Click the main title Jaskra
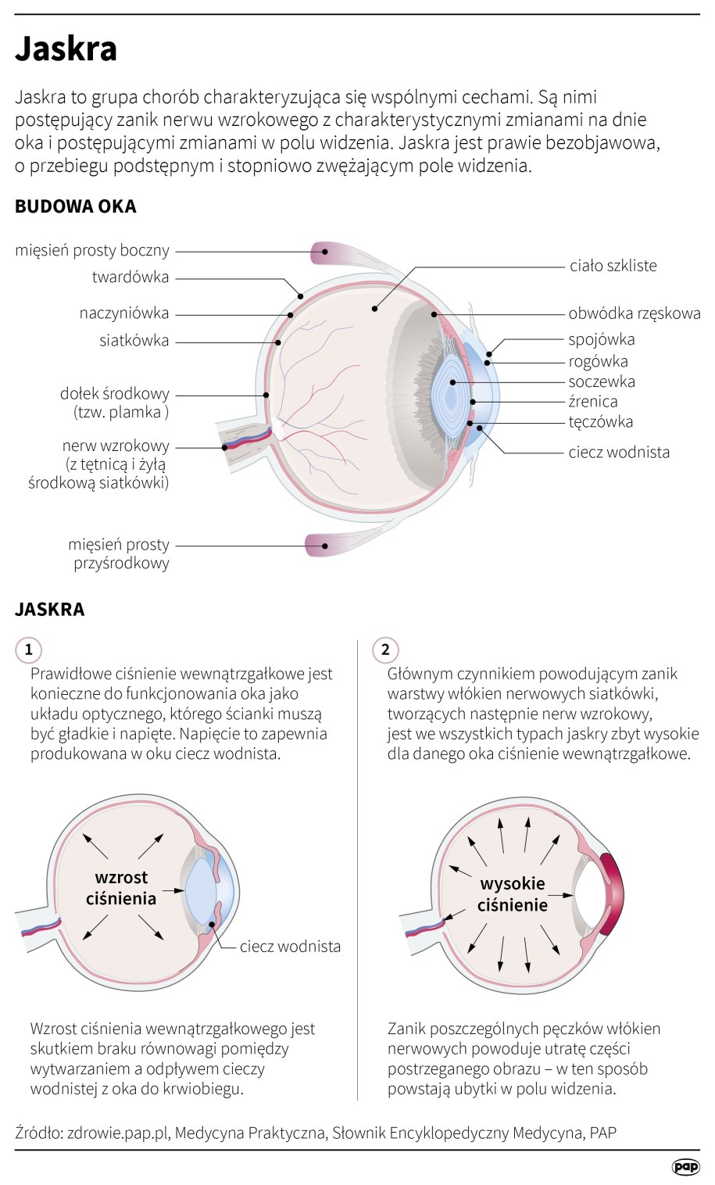tap(66, 48)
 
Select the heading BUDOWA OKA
tap(76, 206)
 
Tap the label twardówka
tap(130, 277)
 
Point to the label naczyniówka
tap(123, 313)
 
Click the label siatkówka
tap(134, 341)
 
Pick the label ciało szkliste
tap(613, 266)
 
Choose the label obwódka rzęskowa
tap(634, 314)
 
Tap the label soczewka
tap(602, 381)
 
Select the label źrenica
tap(593, 402)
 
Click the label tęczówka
tap(600, 422)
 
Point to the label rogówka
tap(598, 361)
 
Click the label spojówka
tap(601, 339)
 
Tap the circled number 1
tap(29, 650)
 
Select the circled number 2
tap(385, 650)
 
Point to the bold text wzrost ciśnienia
tap(121, 888)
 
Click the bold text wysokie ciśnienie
tap(513, 894)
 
